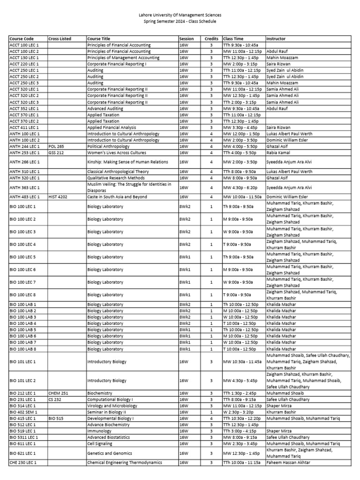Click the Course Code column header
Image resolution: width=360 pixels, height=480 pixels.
click(x=22, y=38)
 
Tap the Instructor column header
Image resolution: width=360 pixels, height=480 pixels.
click(x=276, y=38)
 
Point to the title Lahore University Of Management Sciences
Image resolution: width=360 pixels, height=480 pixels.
click(x=180, y=15)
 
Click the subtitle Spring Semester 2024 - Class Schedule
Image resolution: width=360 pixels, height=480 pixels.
click(x=180, y=22)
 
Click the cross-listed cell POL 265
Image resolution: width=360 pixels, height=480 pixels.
click(x=56, y=146)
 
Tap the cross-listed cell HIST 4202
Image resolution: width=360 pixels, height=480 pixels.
click(x=58, y=197)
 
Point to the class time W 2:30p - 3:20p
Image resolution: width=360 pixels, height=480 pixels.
click(x=238, y=412)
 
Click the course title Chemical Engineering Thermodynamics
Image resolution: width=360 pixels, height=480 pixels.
click(x=125, y=463)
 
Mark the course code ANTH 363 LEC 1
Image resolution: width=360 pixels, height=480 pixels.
click(x=24, y=187)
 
